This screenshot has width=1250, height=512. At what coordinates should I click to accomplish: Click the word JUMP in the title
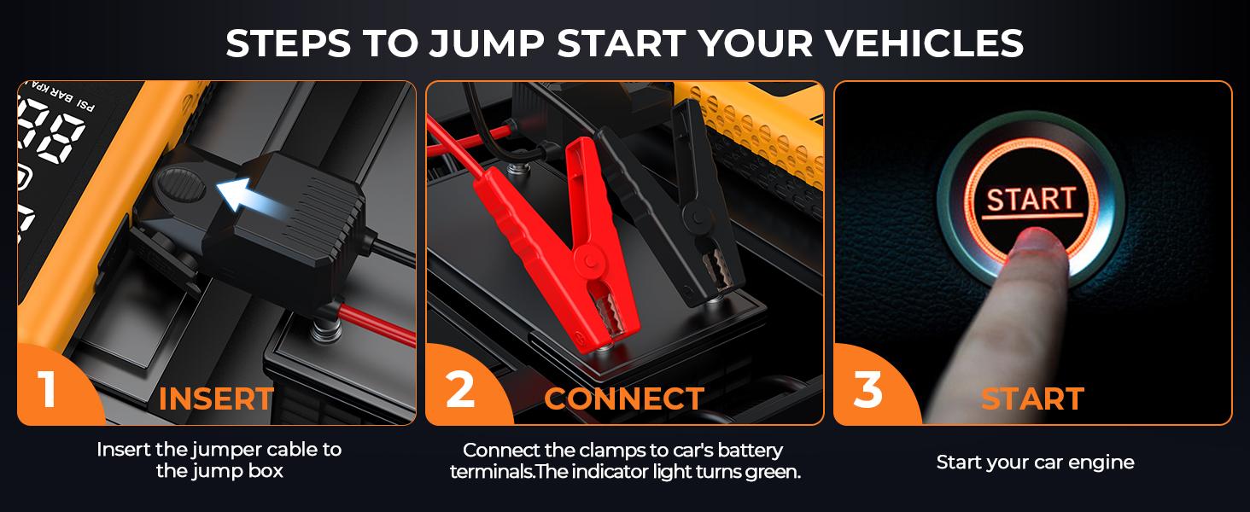tap(499, 43)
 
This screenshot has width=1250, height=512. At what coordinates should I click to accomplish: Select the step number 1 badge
tap(48, 388)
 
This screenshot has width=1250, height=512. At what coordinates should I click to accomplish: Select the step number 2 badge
tap(460, 389)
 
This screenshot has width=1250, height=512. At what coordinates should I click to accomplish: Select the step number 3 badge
tap(867, 389)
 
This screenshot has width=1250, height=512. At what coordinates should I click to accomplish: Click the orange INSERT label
tap(216, 399)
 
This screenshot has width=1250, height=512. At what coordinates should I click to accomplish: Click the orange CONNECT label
tap(623, 399)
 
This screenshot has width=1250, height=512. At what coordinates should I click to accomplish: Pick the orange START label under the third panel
tap(1031, 399)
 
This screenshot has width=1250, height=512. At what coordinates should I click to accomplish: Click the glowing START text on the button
tap(1031, 199)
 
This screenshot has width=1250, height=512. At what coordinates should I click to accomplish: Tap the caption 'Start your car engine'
tap(1035, 463)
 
